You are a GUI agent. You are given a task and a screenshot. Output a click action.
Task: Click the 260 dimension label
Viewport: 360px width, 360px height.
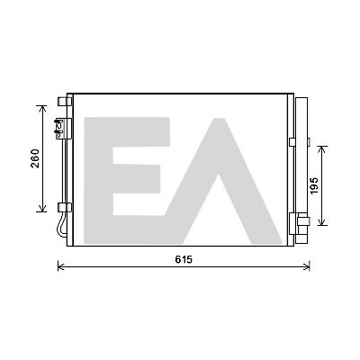(x=35, y=158)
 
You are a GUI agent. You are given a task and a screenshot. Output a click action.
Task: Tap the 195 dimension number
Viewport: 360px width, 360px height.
(x=314, y=185)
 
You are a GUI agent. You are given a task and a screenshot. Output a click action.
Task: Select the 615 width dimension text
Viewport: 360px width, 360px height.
(x=184, y=259)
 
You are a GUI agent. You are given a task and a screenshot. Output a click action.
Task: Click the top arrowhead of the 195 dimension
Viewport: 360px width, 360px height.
(x=322, y=148)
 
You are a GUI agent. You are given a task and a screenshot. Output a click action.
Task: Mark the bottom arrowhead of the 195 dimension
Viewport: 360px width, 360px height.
(x=322, y=222)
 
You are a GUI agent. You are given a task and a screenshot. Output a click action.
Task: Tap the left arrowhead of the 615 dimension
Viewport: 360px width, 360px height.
(x=60, y=266)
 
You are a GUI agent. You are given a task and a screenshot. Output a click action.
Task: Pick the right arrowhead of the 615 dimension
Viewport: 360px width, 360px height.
(x=307, y=266)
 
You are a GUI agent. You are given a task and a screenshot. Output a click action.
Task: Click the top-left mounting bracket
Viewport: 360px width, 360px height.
(x=65, y=102)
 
